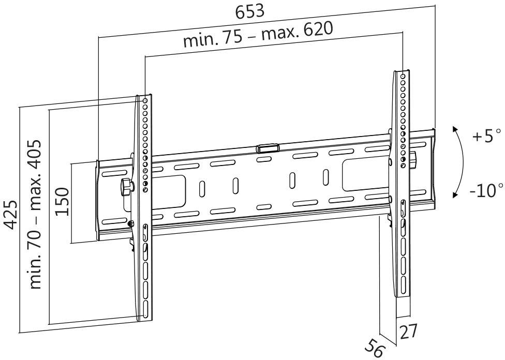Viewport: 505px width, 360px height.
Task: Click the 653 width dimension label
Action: [250, 12]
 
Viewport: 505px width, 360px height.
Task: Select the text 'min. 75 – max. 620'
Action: [258, 36]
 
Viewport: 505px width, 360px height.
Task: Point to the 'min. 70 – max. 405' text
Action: [36, 214]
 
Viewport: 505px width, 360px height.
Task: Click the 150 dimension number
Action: [62, 202]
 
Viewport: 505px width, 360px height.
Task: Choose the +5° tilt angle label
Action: [486, 138]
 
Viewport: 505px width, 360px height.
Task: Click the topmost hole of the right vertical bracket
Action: [403, 76]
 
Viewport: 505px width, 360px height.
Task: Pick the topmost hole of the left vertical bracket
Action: [145, 100]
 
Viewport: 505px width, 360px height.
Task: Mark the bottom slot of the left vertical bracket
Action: [146, 309]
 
